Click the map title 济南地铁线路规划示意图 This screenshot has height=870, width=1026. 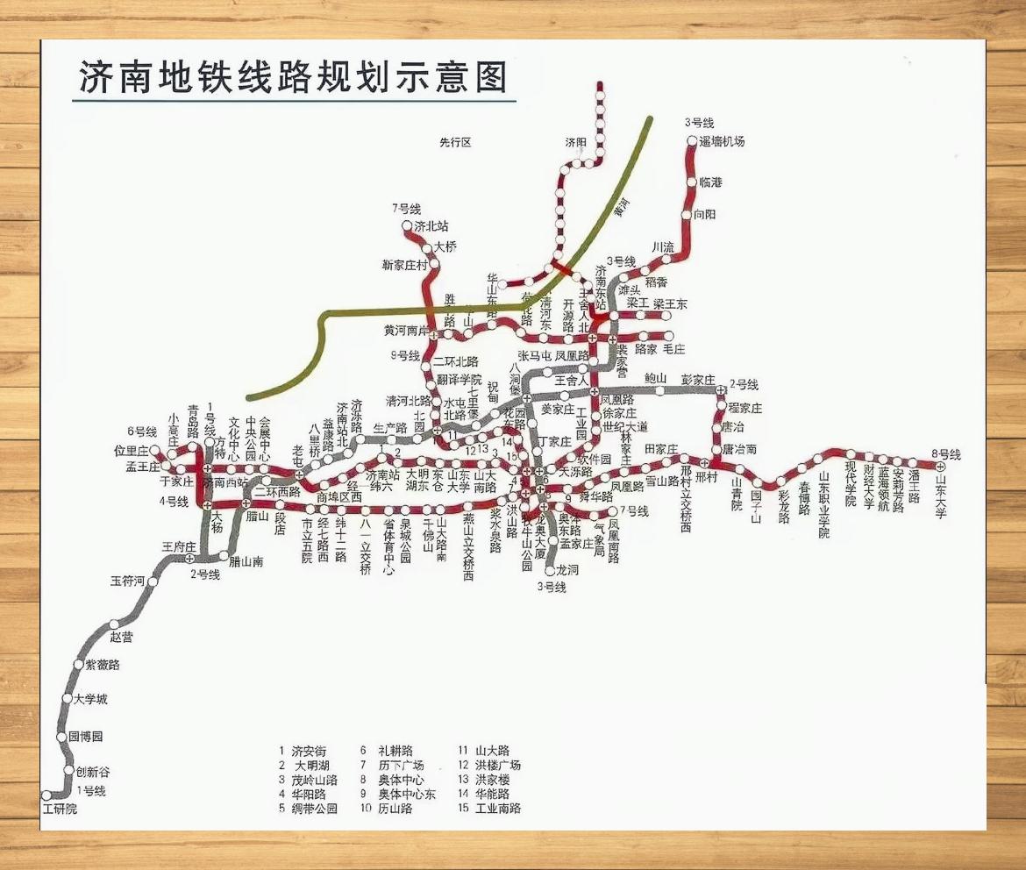pos(293,77)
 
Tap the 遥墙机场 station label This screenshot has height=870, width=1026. pos(722,141)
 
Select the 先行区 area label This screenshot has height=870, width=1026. pos(455,142)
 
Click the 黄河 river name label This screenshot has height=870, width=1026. pos(623,210)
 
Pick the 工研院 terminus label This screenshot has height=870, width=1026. pos(60,809)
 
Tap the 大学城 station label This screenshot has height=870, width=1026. pos(90,699)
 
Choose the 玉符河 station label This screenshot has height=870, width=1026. pos(126,581)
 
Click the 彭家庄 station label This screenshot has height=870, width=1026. pos(698,379)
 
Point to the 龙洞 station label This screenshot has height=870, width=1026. pos(567,570)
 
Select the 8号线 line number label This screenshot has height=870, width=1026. pos(946,454)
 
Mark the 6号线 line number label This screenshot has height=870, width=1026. pos(141,431)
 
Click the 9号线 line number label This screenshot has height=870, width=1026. pos(405,355)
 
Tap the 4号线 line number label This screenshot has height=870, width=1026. pos(174,502)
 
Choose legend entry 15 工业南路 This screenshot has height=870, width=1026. pos(489,808)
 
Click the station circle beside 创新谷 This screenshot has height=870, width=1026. pos(69,770)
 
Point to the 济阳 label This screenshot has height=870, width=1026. pos(575,142)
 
